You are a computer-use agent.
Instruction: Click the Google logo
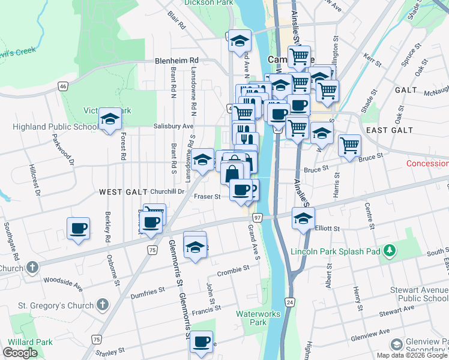pyautogui.click(x=20, y=353)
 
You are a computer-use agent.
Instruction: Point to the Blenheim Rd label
pyautogui.click(x=176, y=61)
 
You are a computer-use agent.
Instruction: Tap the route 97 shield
pyautogui.click(x=257, y=217)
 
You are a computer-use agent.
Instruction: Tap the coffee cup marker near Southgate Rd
pyautogui.click(x=79, y=229)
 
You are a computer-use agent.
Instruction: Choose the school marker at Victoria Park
pyautogui.click(x=110, y=119)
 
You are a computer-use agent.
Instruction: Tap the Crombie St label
pyautogui.click(x=233, y=271)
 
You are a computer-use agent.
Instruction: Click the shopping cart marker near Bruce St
pyautogui.click(x=349, y=145)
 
